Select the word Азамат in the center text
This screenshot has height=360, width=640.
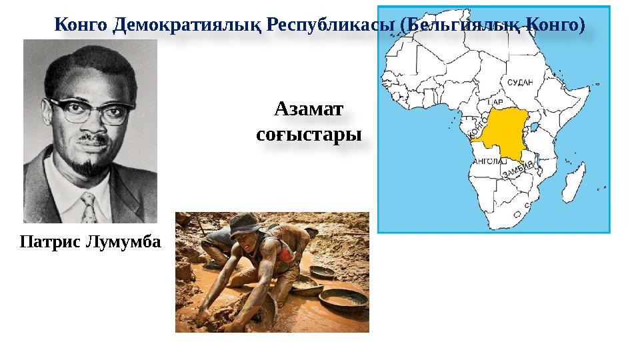(x=309, y=108)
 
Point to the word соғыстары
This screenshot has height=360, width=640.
(x=309, y=134)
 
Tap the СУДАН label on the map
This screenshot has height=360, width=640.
(x=520, y=82)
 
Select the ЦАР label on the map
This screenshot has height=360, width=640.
(x=495, y=102)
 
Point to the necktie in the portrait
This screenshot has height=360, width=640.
(x=87, y=207)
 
